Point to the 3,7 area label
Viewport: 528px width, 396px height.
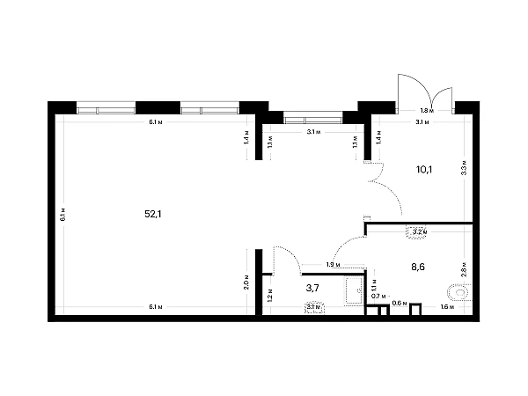tap(312, 287)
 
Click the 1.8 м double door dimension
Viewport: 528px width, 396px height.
tap(425, 111)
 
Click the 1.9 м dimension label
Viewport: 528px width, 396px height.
tap(333, 265)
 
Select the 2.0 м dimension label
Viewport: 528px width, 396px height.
tap(247, 282)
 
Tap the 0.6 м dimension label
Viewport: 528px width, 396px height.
tap(397, 304)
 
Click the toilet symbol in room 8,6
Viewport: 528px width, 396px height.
tap(459, 291)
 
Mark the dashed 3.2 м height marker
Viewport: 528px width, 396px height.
tap(417, 231)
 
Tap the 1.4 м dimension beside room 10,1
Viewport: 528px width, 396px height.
tap(378, 137)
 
